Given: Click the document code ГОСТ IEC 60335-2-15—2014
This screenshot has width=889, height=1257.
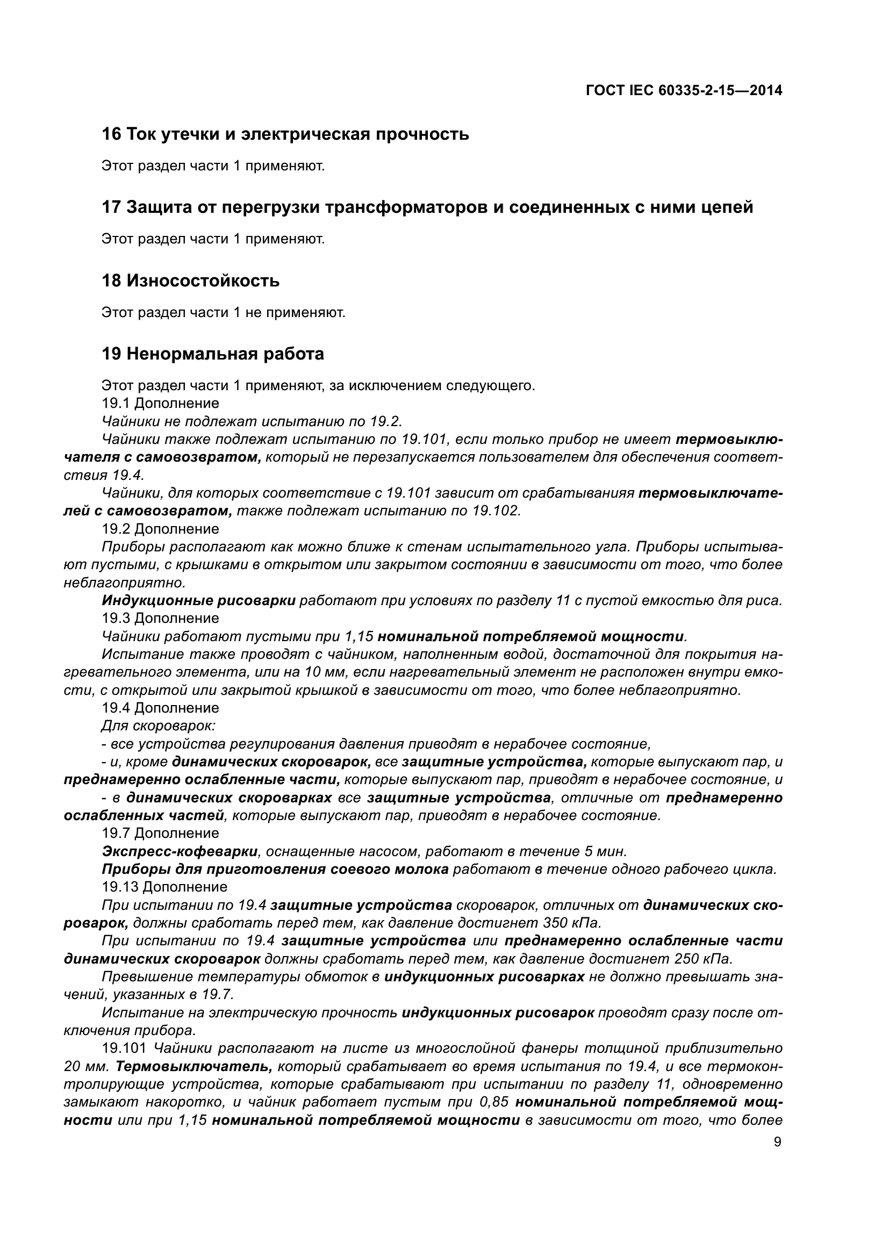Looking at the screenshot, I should [x=684, y=91].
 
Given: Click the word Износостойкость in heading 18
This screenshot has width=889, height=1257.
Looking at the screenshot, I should [x=203, y=281].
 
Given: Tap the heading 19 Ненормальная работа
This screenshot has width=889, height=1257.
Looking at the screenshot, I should [x=213, y=354].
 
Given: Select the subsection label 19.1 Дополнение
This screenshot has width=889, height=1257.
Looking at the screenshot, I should [x=160, y=404].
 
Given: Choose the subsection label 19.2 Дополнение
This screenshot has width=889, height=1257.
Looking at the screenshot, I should [x=160, y=529].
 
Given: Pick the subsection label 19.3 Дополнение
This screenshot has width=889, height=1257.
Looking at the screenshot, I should [x=160, y=619].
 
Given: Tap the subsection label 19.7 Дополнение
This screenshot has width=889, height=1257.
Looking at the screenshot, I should [x=160, y=834].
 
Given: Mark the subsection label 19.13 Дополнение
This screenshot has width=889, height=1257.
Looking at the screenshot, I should [x=165, y=886].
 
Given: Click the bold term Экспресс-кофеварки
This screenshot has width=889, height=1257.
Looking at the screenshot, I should [x=180, y=851].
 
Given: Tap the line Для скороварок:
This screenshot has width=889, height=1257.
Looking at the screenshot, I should [x=159, y=726].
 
